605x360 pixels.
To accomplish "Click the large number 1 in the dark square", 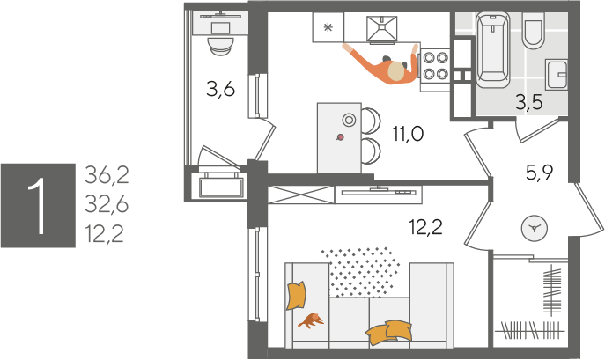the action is point(38,206).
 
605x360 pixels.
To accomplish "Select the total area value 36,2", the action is point(107,175).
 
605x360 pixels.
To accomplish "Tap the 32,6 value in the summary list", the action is point(107,204).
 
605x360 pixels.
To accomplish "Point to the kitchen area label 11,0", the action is point(408,134).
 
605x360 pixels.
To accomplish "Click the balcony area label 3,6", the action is point(220,90).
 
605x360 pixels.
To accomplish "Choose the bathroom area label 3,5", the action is point(529,102).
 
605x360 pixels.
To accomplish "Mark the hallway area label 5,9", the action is point(540,173).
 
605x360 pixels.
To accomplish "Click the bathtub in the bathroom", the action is point(493,49).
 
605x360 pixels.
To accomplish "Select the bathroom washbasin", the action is point(556,75).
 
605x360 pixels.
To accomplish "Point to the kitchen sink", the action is point(381,28).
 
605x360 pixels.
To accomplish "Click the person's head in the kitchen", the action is point(397,71).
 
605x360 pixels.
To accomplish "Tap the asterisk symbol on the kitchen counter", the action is point(328,27).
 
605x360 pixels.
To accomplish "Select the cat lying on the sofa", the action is point(311,320).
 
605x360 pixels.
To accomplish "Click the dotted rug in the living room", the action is point(360,272).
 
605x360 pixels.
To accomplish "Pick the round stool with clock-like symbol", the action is point(535,229).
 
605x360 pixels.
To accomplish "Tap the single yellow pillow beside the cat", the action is point(296,296).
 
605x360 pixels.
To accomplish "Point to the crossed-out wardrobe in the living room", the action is point(301,195).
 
